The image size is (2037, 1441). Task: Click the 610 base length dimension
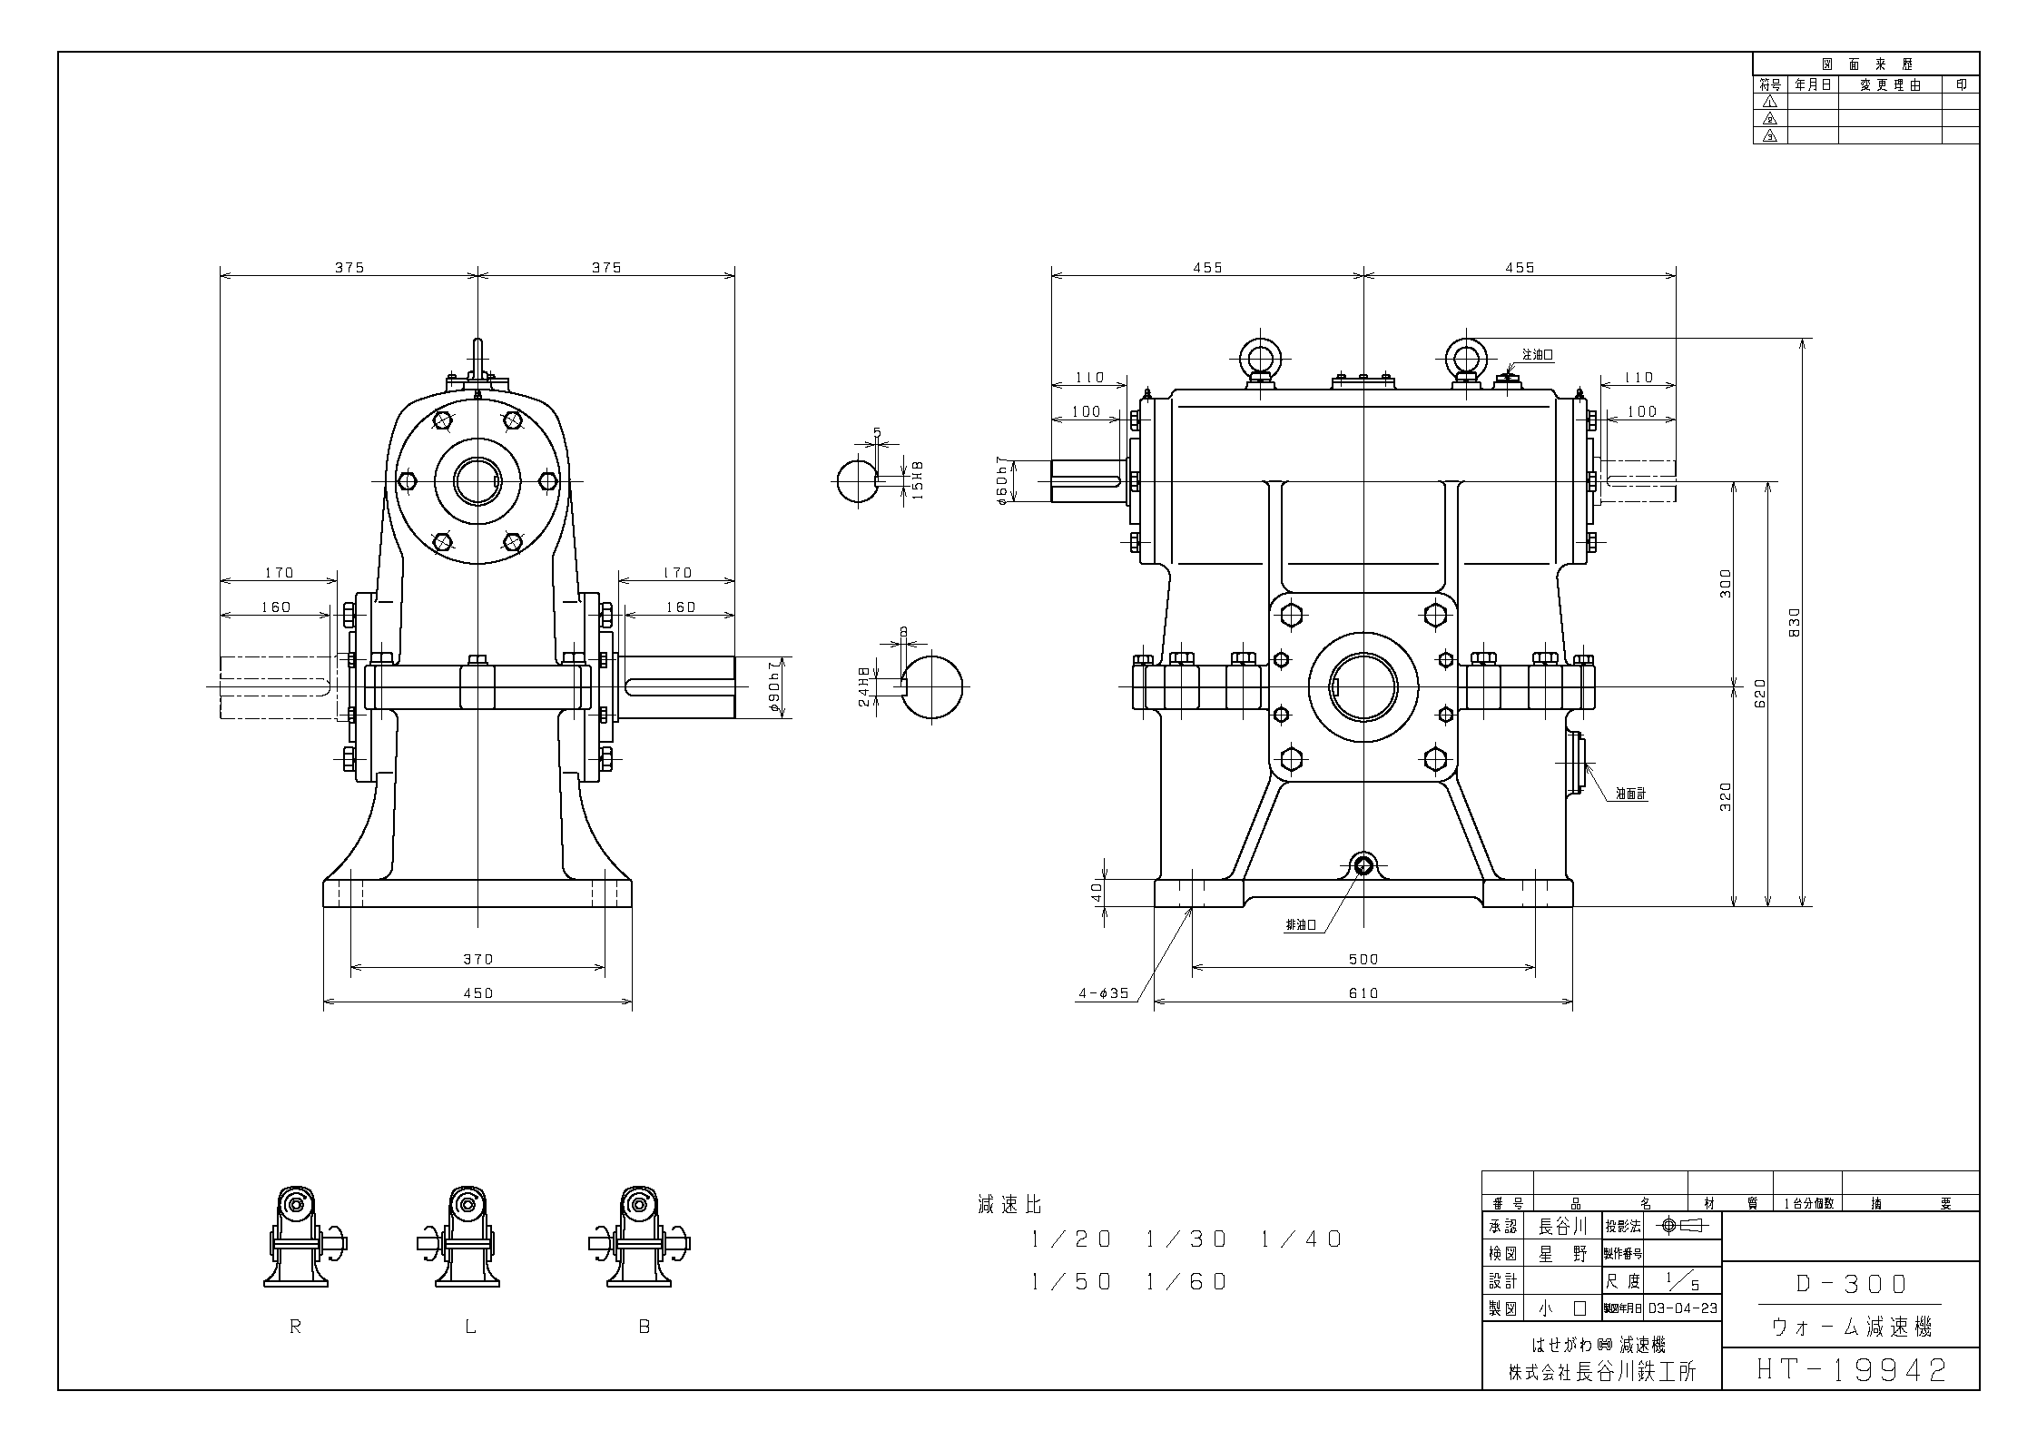pyautogui.click(x=1363, y=992)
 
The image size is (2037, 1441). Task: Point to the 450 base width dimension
pyautogui.click(x=477, y=992)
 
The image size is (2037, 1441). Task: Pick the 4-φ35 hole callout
pyautogui.click(x=1103, y=993)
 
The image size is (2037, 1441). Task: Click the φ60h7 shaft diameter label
pyautogui.click(x=1002, y=479)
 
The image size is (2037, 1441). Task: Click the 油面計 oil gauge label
pyautogui.click(x=1630, y=794)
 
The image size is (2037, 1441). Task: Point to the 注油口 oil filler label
pyautogui.click(x=1538, y=355)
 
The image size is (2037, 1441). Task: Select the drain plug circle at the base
pyautogui.click(x=1363, y=864)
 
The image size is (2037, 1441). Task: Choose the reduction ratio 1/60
pyautogui.click(x=1186, y=1281)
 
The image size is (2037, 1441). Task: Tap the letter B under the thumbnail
pyautogui.click(x=645, y=1327)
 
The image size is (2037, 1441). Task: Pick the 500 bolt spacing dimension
pyautogui.click(x=1363, y=959)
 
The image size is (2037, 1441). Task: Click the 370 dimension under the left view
pyautogui.click(x=477, y=959)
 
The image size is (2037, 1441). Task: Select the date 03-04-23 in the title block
pyautogui.click(x=1682, y=1308)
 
